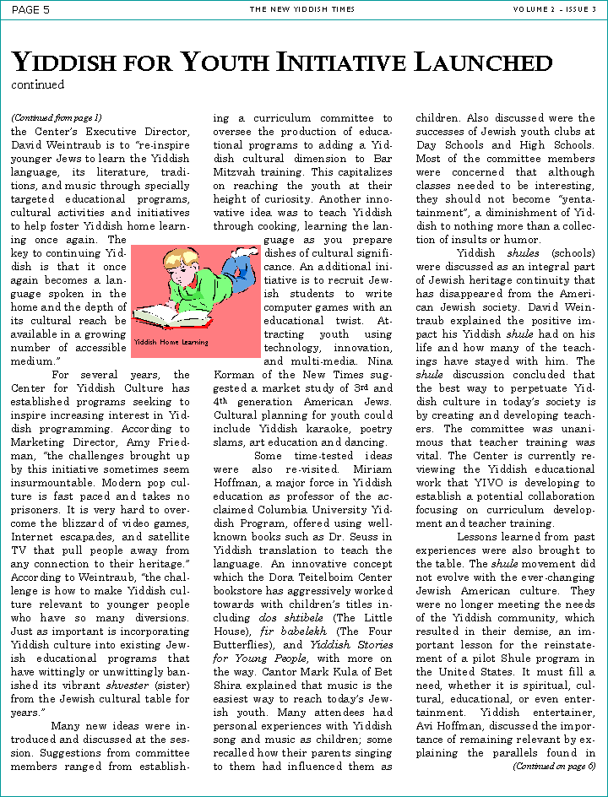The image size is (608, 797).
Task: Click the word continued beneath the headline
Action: click(x=37, y=84)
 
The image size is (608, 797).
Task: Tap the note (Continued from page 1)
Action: click(x=56, y=117)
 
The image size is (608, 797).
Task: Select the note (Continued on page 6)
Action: click(x=554, y=766)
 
